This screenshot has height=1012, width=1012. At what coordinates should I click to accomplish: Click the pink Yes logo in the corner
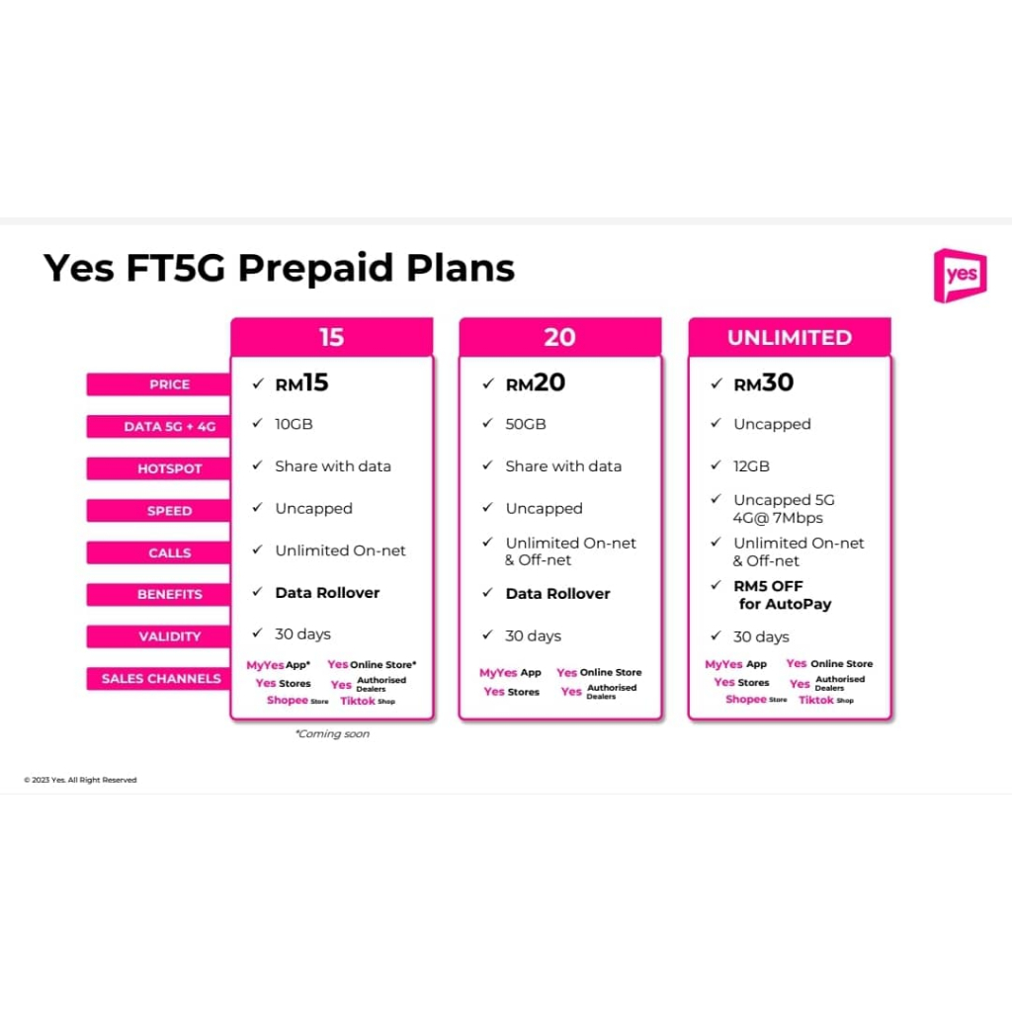[960, 276]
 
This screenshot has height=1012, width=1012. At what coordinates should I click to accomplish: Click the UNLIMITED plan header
[790, 337]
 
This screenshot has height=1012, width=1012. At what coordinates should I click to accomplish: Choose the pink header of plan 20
[559, 337]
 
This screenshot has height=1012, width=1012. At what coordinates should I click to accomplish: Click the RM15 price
[301, 382]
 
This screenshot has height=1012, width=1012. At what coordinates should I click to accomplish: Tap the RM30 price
[764, 382]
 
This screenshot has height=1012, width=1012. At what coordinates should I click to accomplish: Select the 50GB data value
[526, 424]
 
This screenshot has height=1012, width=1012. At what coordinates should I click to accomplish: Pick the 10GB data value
[294, 424]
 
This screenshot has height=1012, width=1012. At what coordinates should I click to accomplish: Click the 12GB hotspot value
[751, 466]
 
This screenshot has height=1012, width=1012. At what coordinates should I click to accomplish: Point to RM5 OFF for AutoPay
[783, 595]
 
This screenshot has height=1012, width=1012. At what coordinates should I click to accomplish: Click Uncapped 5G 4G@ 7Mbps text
[784, 509]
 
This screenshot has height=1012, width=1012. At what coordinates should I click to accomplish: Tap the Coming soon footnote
[332, 734]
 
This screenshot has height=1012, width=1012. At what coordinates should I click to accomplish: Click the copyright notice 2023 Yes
[80, 780]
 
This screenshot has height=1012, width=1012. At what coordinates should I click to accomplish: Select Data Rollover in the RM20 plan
[557, 593]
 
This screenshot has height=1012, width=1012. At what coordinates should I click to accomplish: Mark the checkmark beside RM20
[488, 383]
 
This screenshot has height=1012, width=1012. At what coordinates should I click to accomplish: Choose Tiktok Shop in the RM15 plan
[368, 701]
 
